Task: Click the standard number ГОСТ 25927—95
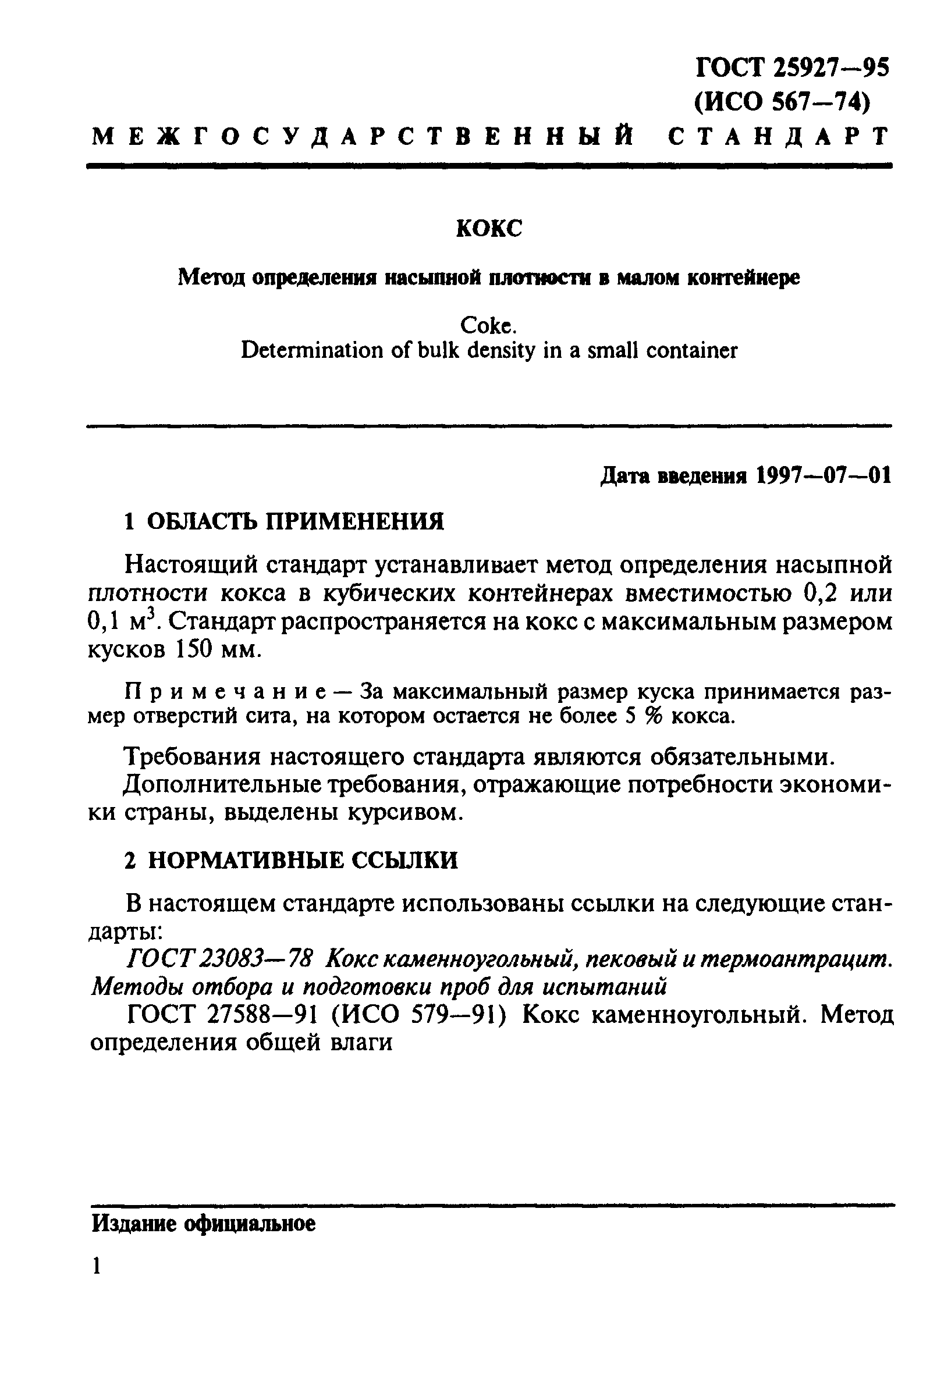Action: coord(792,68)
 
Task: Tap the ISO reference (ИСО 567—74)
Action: coord(782,102)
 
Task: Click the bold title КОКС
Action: coord(489,228)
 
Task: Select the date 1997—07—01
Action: coord(824,475)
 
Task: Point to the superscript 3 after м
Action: coord(150,616)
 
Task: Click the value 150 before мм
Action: coord(193,650)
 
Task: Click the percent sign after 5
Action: coord(652,717)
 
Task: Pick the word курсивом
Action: coord(403,813)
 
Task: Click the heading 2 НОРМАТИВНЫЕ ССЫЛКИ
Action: coord(291,860)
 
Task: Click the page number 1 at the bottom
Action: coord(97,1266)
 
